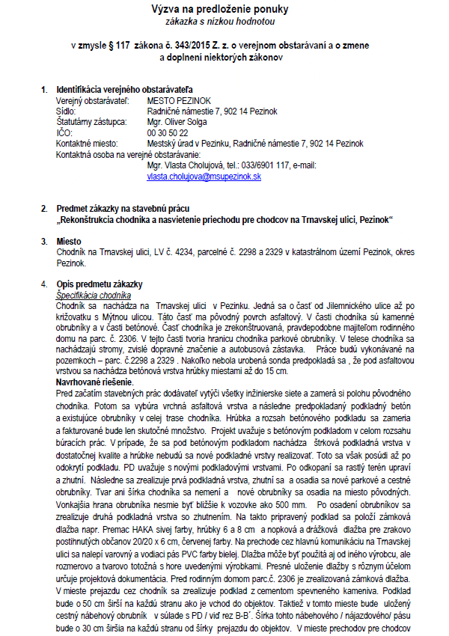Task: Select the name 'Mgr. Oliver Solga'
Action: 178,122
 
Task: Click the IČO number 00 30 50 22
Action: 168,132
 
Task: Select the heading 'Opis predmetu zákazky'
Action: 100,285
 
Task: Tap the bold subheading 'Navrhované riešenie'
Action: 95,382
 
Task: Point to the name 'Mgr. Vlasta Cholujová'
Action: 186,165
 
